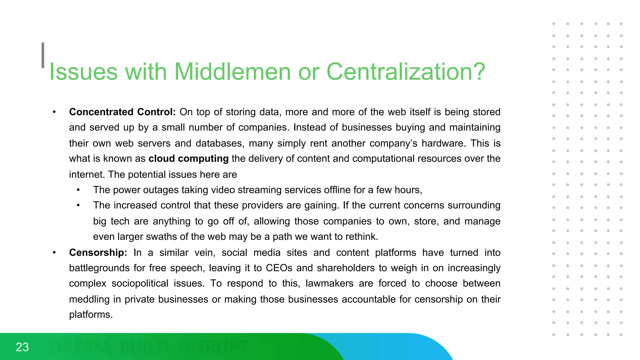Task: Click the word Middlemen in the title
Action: point(232,72)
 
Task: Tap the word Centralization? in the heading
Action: point(406,72)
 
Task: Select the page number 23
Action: point(22,347)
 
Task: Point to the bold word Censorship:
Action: point(98,252)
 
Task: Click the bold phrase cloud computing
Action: point(188,159)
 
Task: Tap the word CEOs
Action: point(279,268)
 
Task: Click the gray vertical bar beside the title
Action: point(43,55)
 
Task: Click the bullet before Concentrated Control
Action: point(54,112)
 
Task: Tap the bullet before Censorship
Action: point(54,253)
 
